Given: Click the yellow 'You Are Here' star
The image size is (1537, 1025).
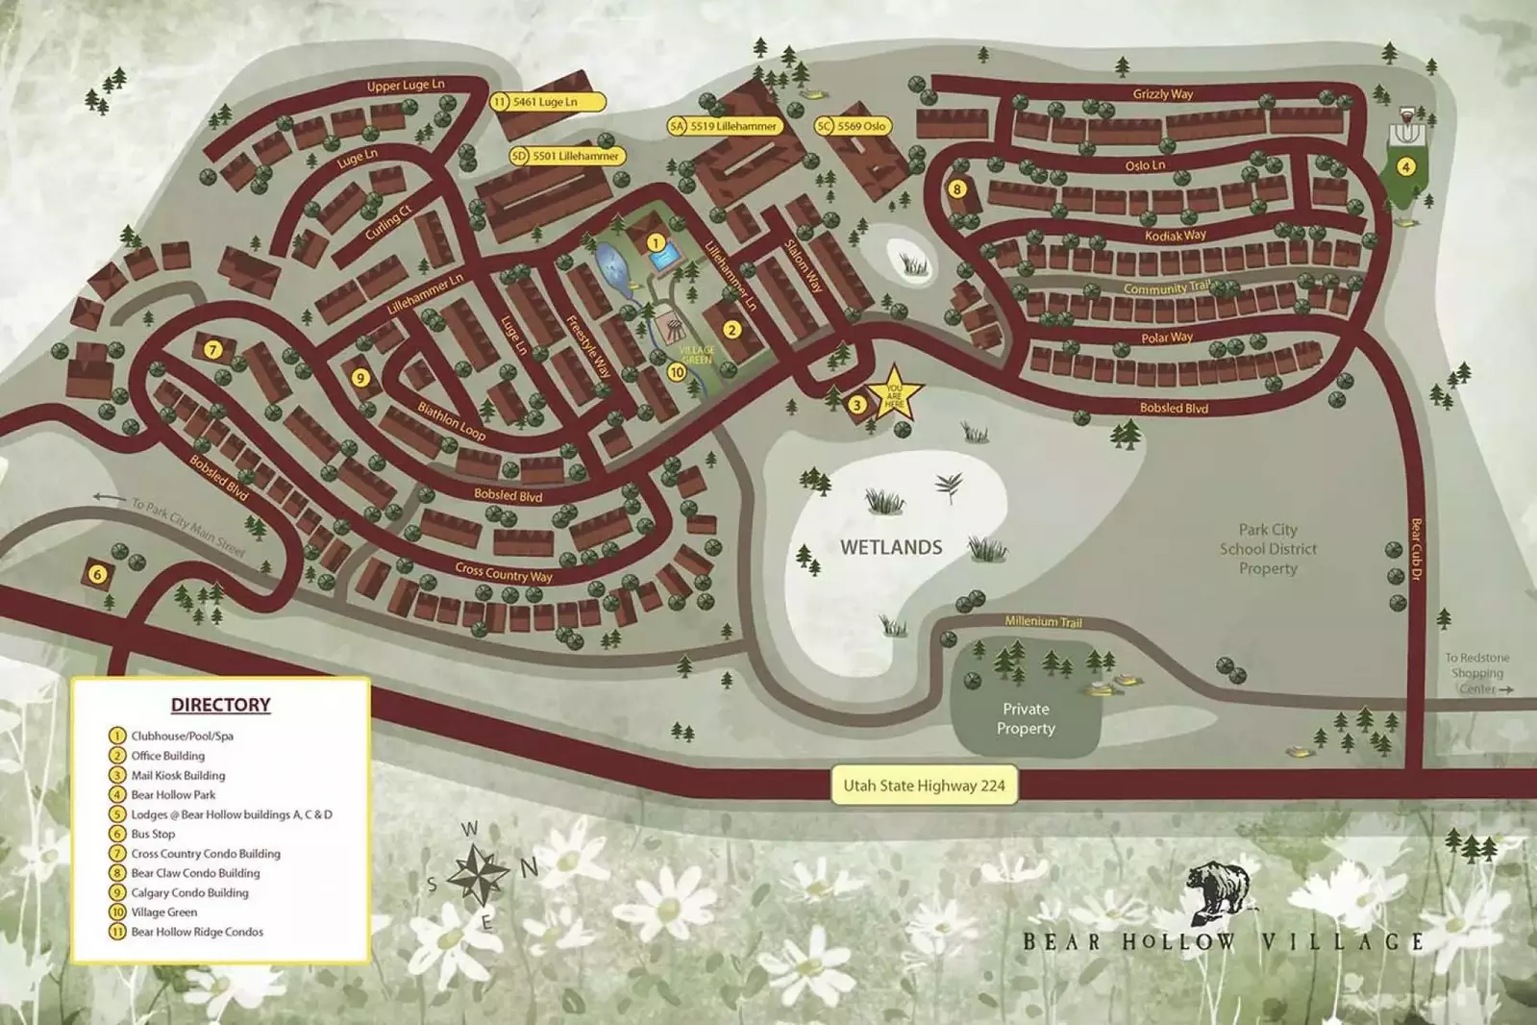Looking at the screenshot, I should pyautogui.click(x=894, y=395).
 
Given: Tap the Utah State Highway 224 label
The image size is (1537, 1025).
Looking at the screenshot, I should pyautogui.click(x=924, y=786).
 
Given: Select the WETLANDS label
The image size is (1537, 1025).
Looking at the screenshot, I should pyautogui.click(x=891, y=547).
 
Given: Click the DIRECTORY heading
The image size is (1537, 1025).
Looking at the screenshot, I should pyautogui.click(x=220, y=705).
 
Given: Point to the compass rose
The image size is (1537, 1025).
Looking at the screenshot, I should pyautogui.click(x=478, y=873).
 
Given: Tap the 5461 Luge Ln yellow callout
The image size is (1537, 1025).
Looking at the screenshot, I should pyautogui.click(x=548, y=102).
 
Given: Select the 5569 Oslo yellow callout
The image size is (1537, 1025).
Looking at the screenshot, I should pyautogui.click(x=854, y=126).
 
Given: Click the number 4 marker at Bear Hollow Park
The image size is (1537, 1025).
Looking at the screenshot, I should pyautogui.click(x=1405, y=167).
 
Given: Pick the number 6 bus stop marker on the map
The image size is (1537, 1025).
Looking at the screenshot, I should pyautogui.click(x=97, y=575).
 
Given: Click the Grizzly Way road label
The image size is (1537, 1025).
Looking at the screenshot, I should pyautogui.click(x=1162, y=94).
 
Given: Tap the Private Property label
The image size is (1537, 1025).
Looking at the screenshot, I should pyautogui.click(x=1026, y=718).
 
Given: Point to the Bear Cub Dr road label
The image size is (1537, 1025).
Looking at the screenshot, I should pyautogui.click(x=1416, y=549).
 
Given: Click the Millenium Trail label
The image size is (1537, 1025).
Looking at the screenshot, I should pyautogui.click(x=1043, y=622).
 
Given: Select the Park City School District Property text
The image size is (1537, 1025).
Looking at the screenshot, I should pyautogui.click(x=1268, y=549).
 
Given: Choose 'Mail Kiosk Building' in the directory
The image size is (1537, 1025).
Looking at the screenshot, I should pyautogui.click(x=178, y=775).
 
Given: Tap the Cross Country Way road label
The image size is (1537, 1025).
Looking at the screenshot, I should pyautogui.click(x=504, y=573).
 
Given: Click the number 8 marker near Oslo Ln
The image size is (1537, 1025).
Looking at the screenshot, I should pyautogui.click(x=956, y=189).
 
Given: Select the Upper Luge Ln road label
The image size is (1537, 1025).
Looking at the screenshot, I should pyautogui.click(x=405, y=86).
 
